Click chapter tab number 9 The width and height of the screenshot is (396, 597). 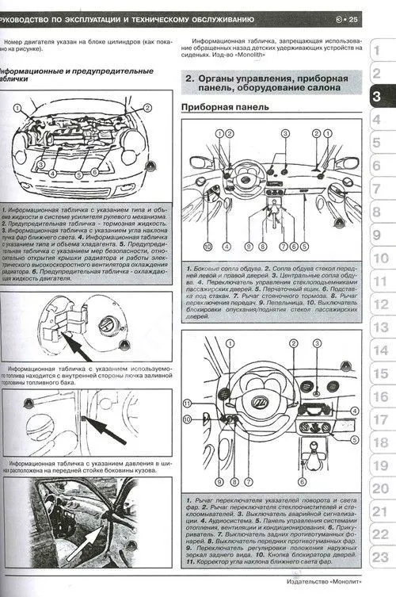pos(379,235)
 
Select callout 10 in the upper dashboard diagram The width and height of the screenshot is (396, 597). pos(200,247)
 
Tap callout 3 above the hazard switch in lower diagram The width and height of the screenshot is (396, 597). pos(315,344)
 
